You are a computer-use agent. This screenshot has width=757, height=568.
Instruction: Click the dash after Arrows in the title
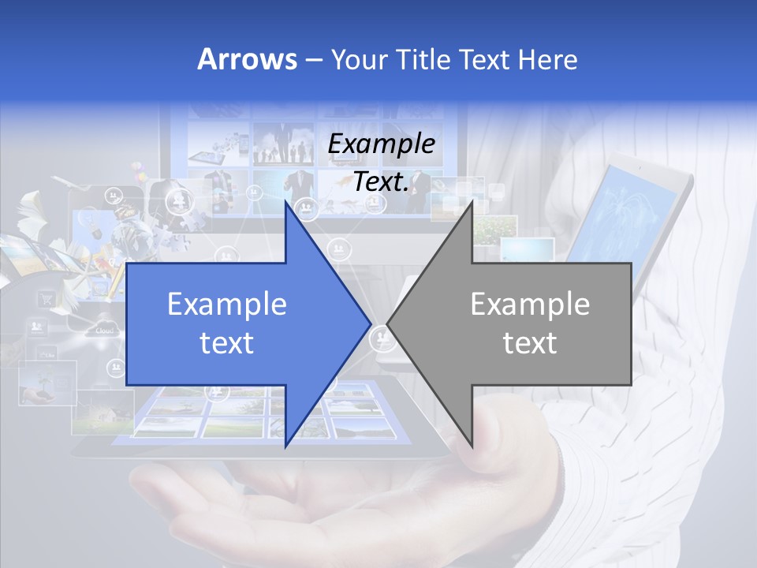[x=314, y=60]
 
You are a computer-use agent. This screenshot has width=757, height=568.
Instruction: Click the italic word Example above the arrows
[x=382, y=144]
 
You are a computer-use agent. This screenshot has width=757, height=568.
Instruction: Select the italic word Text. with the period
[x=382, y=181]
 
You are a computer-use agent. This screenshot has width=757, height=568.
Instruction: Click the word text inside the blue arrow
[x=227, y=343]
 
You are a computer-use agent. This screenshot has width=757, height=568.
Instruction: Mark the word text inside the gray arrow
[x=530, y=343]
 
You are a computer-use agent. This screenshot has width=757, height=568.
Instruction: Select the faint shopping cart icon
[x=47, y=298]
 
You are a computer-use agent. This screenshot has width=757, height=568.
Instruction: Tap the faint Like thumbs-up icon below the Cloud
[x=47, y=355]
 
